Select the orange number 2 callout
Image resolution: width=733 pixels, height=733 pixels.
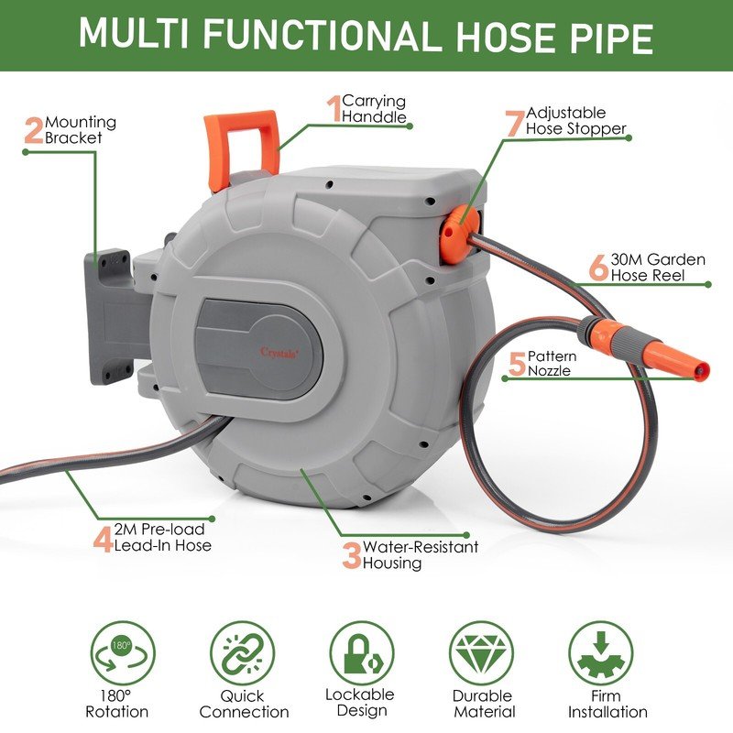(x=34, y=129)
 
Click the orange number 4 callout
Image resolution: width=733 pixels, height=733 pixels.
(x=103, y=537)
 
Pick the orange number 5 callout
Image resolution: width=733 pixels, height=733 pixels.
(x=516, y=363)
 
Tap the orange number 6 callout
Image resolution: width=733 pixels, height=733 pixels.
(x=597, y=268)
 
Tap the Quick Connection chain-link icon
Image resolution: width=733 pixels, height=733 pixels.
(x=242, y=653)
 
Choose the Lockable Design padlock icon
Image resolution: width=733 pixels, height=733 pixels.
(x=361, y=652)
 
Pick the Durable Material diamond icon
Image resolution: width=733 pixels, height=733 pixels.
(x=481, y=653)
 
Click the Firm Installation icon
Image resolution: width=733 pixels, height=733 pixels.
(x=601, y=653)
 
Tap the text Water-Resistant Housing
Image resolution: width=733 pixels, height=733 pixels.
(x=421, y=555)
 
